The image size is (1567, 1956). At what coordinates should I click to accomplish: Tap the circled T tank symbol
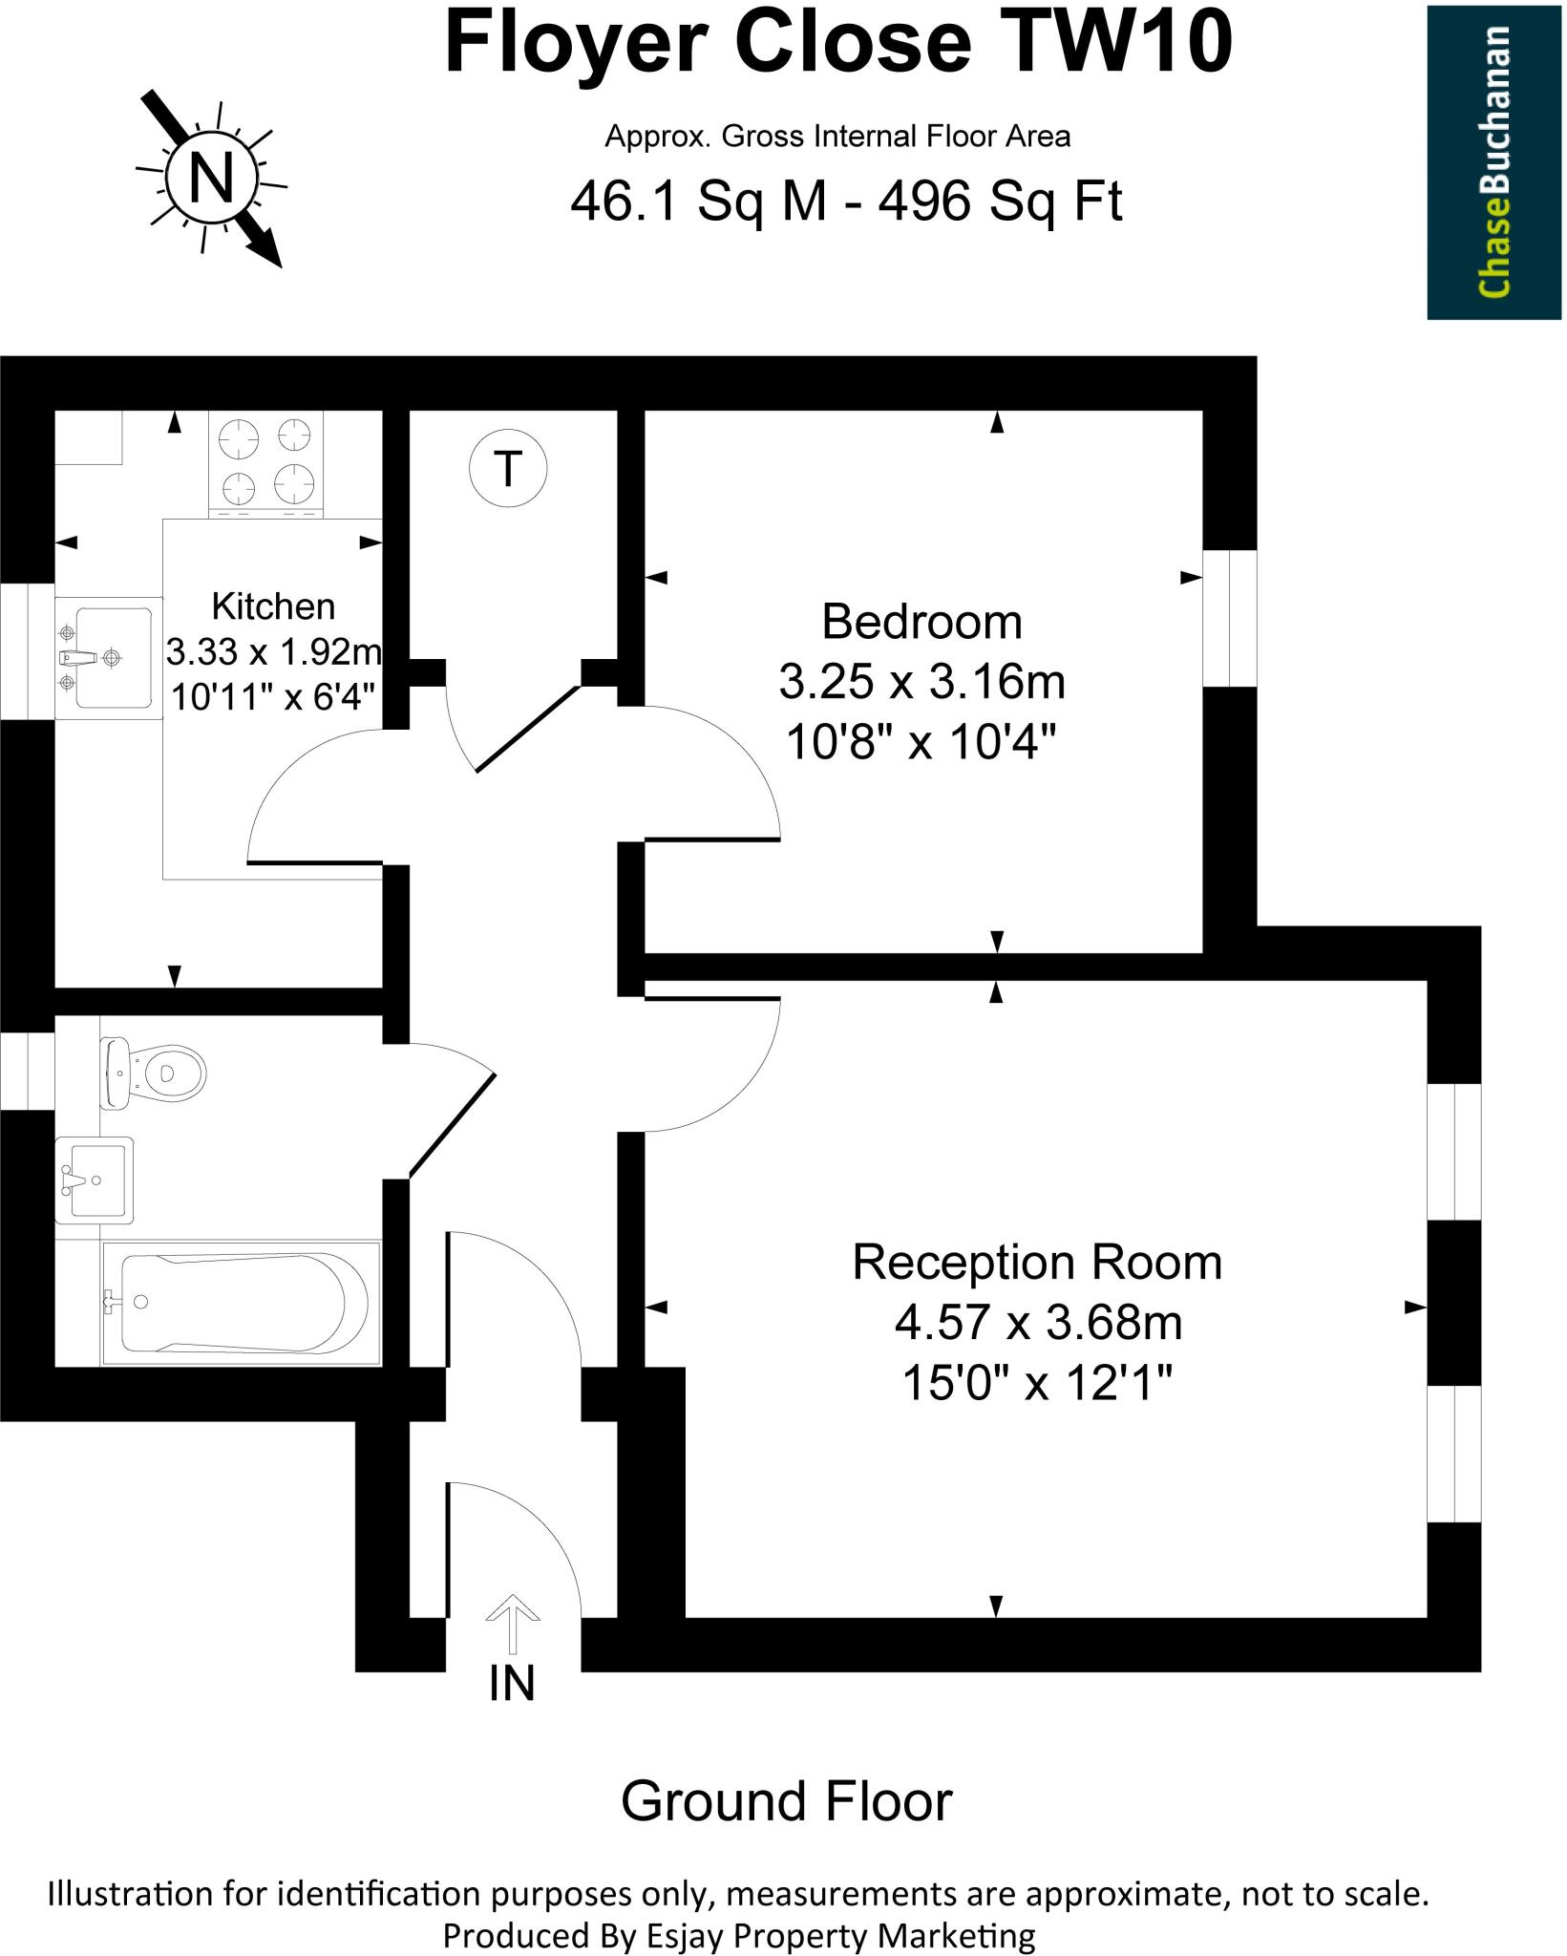click(509, 469)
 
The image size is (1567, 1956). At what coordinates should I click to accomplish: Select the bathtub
click(241, 1303)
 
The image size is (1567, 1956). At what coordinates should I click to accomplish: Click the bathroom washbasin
click(95, 1180)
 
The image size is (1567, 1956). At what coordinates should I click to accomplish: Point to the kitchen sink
click(105, 657)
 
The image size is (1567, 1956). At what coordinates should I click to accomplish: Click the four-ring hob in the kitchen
click(265, 463)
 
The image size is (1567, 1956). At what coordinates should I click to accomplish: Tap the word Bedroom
click(921, 622)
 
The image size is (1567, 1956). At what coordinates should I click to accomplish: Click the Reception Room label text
click(1037, 1262)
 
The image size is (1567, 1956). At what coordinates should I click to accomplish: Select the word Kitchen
click(273, 606)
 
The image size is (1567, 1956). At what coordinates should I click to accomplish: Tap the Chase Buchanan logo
click(1495, 161)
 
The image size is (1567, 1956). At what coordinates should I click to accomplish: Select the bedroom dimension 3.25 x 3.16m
click(921, 682)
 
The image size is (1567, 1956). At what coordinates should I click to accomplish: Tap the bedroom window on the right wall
click(1230, 618)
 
